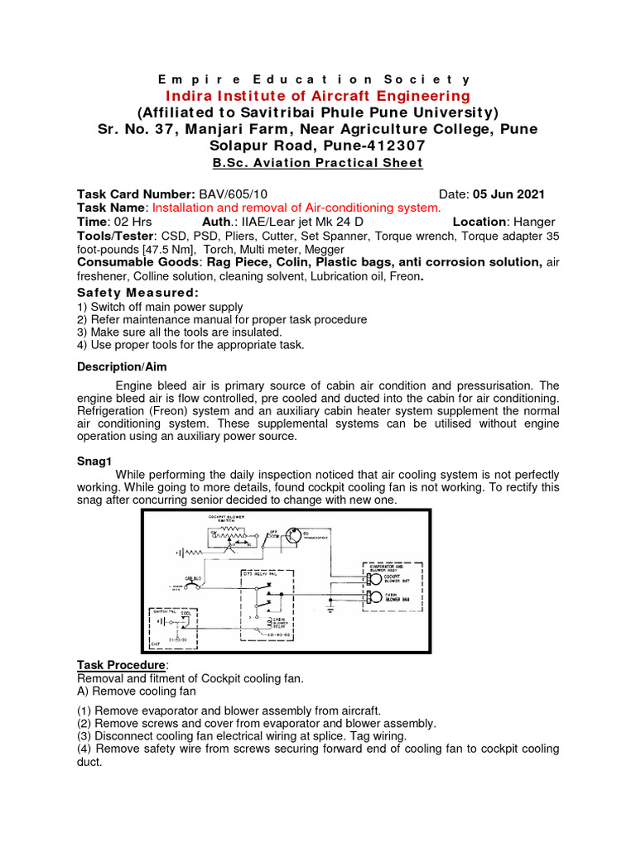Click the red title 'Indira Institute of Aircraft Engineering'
[317, 96]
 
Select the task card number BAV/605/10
[234, 194]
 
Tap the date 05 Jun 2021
[509, 194]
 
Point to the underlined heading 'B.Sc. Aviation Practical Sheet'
[317, 162]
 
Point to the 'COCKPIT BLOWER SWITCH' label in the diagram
[225, 519]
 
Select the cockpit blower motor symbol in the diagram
[375, 574]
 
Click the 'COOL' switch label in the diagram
[185, 613]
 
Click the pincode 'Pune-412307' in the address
[359, 145]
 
